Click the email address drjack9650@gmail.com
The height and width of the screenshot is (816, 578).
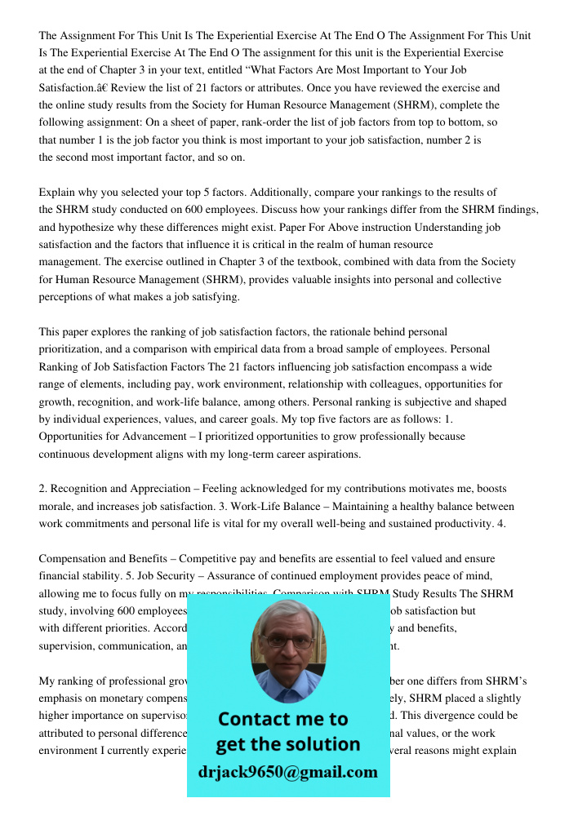pyautogui.click(x=287, y=772)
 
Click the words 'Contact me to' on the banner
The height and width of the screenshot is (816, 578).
pyautogui.click(x=282, y=719)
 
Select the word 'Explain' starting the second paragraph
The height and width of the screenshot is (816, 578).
pyautogui.click(x=58, y=193)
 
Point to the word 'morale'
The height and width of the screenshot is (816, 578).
pyautogui.click(x=56, y=506)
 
